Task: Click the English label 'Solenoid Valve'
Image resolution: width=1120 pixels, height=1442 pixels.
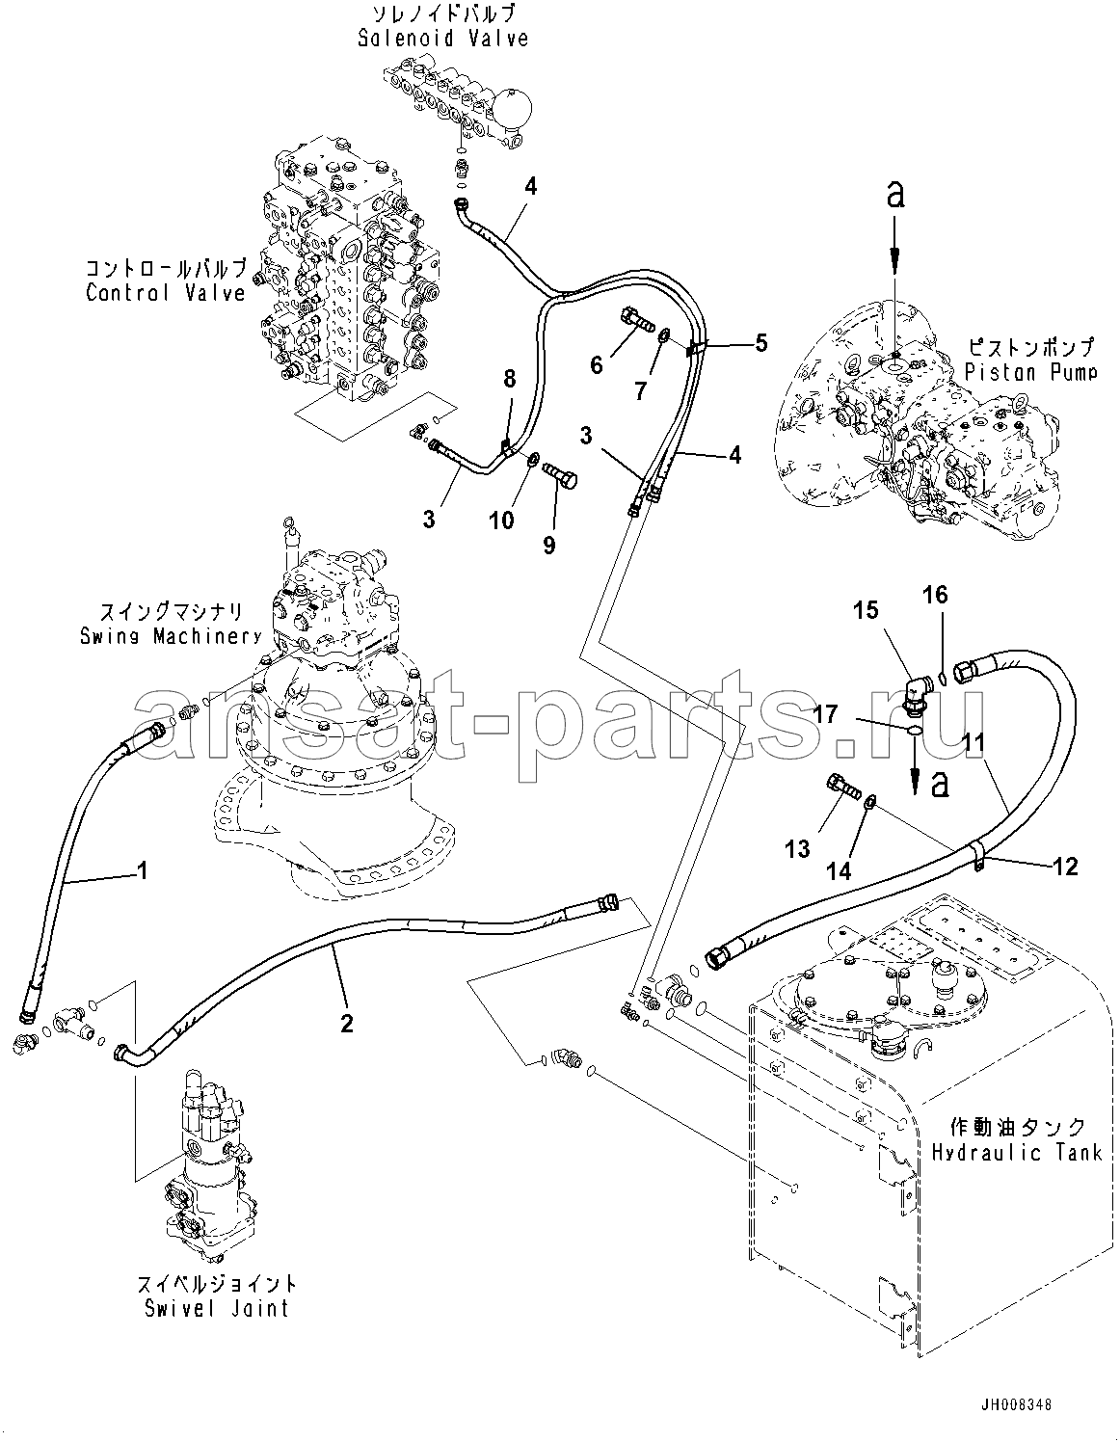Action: [x=442, y=39]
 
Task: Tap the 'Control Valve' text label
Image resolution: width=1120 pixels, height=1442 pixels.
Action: [x=166, y=292]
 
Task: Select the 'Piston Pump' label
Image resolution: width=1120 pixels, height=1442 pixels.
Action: [x=1029, y=370]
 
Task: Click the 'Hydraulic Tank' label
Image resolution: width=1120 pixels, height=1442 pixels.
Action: [x=1017, y=1152]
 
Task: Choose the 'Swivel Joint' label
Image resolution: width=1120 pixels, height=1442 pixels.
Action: [x=216, y=1308]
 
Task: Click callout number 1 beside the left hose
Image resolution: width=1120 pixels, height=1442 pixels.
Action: [x=142, y=872]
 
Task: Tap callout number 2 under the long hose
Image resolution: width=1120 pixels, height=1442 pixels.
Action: [x=346, y=1023]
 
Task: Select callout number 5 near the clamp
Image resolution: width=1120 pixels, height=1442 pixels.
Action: [x=761, y=342]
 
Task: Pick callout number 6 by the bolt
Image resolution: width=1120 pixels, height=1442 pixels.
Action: [x=597, y=364]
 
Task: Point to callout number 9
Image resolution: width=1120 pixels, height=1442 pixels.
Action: [x=548, y=545]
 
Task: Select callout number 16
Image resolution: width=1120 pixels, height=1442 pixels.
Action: [x=935, y=596]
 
